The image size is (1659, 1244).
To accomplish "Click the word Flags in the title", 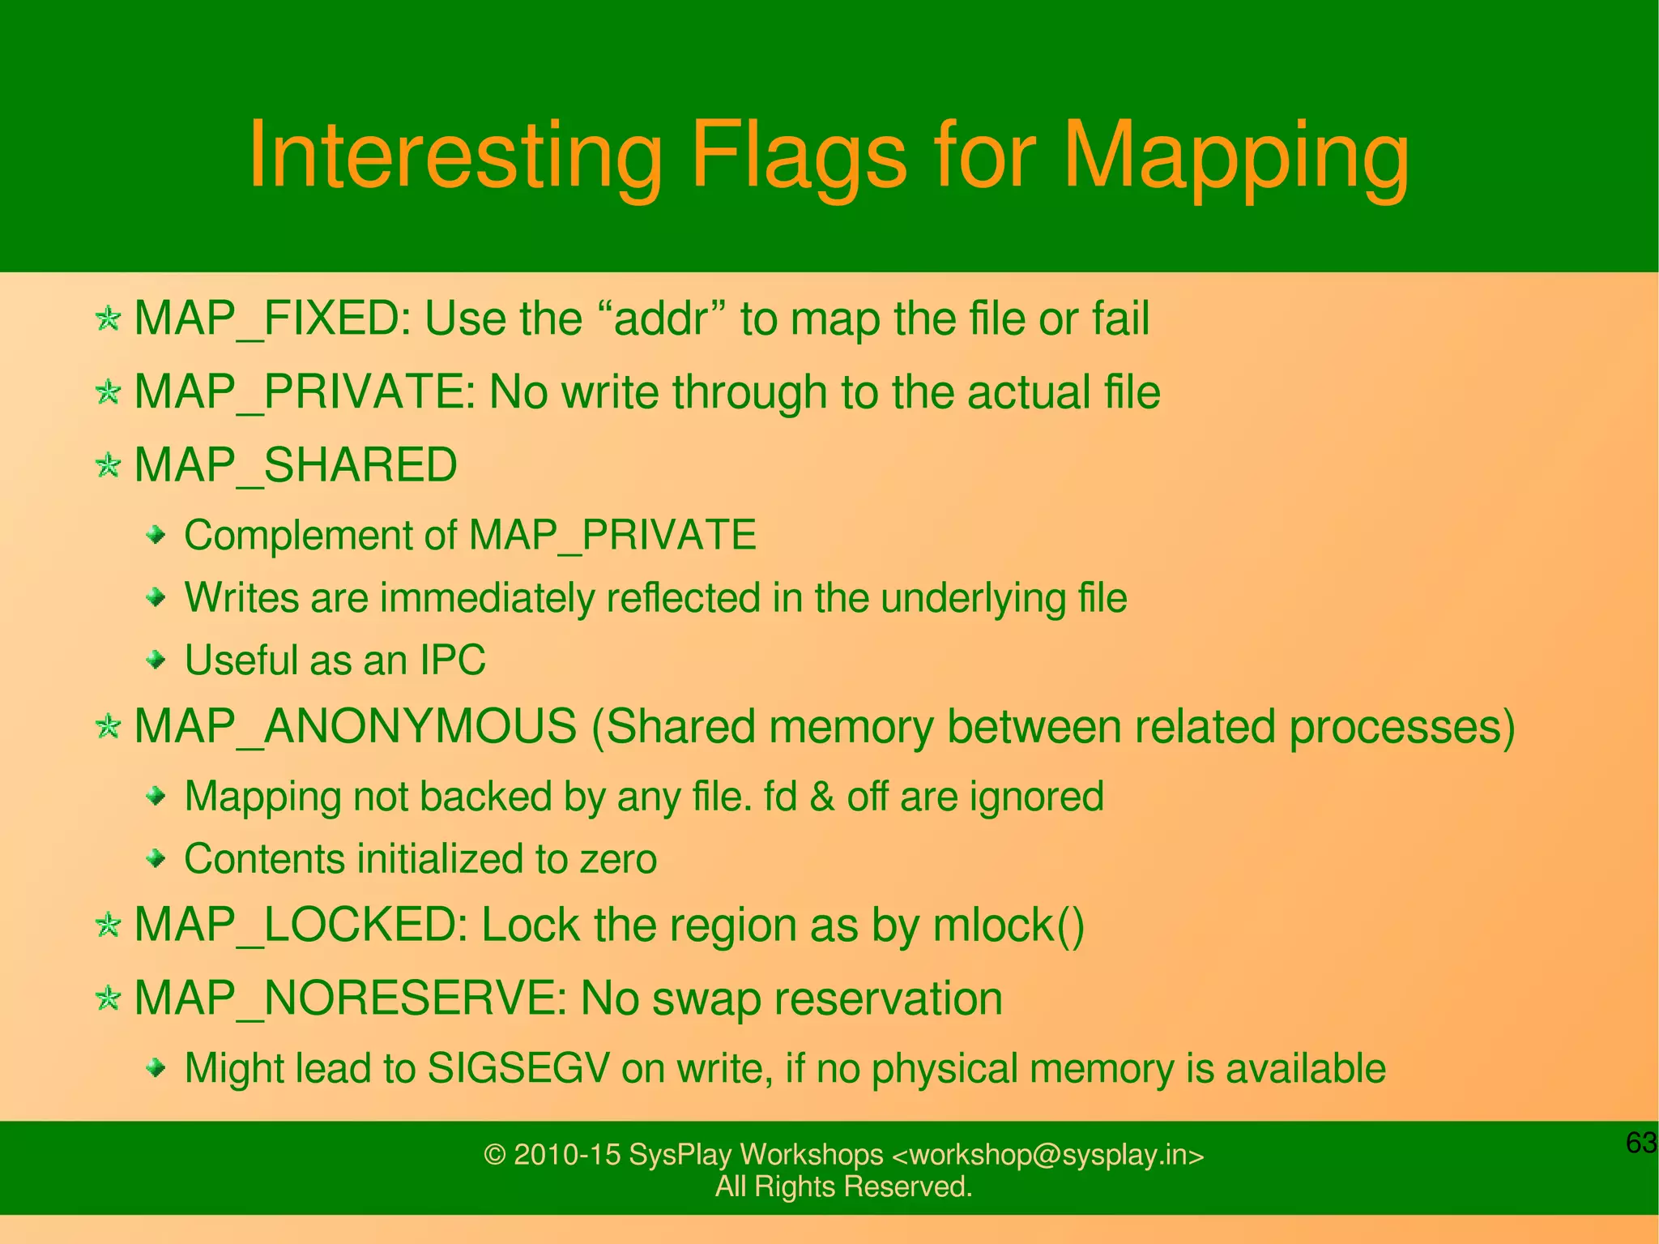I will pos(798,156).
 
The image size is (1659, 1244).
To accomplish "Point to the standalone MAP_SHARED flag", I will pos(296,465).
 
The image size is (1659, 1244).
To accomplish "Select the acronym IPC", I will pos(452,660).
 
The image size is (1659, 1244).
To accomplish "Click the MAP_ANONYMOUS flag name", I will pos(355,726).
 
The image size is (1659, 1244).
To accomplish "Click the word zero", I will pos(618,859).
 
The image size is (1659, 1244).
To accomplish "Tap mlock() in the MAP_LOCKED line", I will pos(1008,925).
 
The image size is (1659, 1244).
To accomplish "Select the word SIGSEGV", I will pos(518,1068).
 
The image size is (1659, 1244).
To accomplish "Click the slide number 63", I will pos(1640,1143).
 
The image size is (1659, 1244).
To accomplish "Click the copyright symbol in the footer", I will pos(494,1155).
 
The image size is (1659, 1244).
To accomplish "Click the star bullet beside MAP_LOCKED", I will pos(108,925).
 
